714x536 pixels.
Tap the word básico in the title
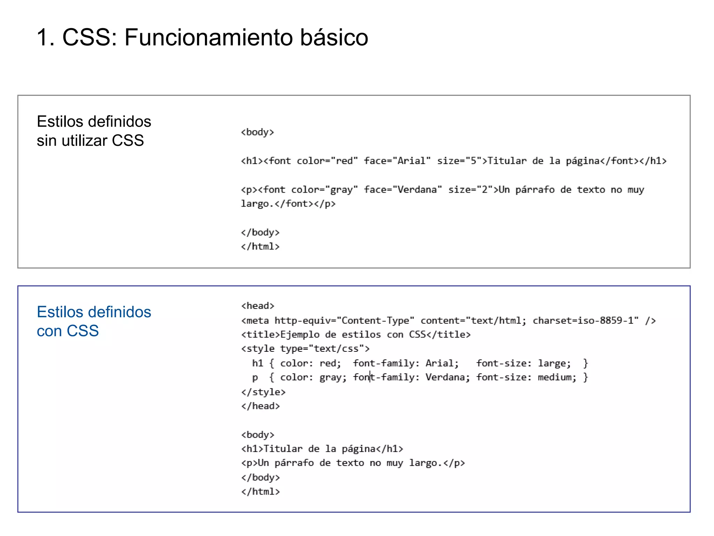[334, 37]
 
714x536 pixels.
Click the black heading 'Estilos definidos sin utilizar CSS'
[94, 131]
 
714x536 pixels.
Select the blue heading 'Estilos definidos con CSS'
[94, 321]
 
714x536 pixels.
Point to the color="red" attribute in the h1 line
[327, 161]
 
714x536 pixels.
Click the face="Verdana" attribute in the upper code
[403, 190]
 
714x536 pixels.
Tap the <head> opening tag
[258, 306]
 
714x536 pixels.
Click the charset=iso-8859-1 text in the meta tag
[585, 320]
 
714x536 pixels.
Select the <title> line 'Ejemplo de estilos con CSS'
[356, 335]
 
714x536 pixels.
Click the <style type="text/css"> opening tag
[305, 349]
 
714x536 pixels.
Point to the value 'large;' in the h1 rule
[554, 363]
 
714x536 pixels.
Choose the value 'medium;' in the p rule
[557, 377]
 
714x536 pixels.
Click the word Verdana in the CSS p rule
[447, 377]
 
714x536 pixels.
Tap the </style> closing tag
[263, 392]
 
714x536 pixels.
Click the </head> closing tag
[260, 406]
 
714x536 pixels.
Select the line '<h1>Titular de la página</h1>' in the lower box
[322, 449]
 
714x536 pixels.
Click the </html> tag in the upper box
[260, 247]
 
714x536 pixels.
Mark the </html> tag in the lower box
[260, 492]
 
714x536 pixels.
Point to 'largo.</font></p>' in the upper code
[288, 204]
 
